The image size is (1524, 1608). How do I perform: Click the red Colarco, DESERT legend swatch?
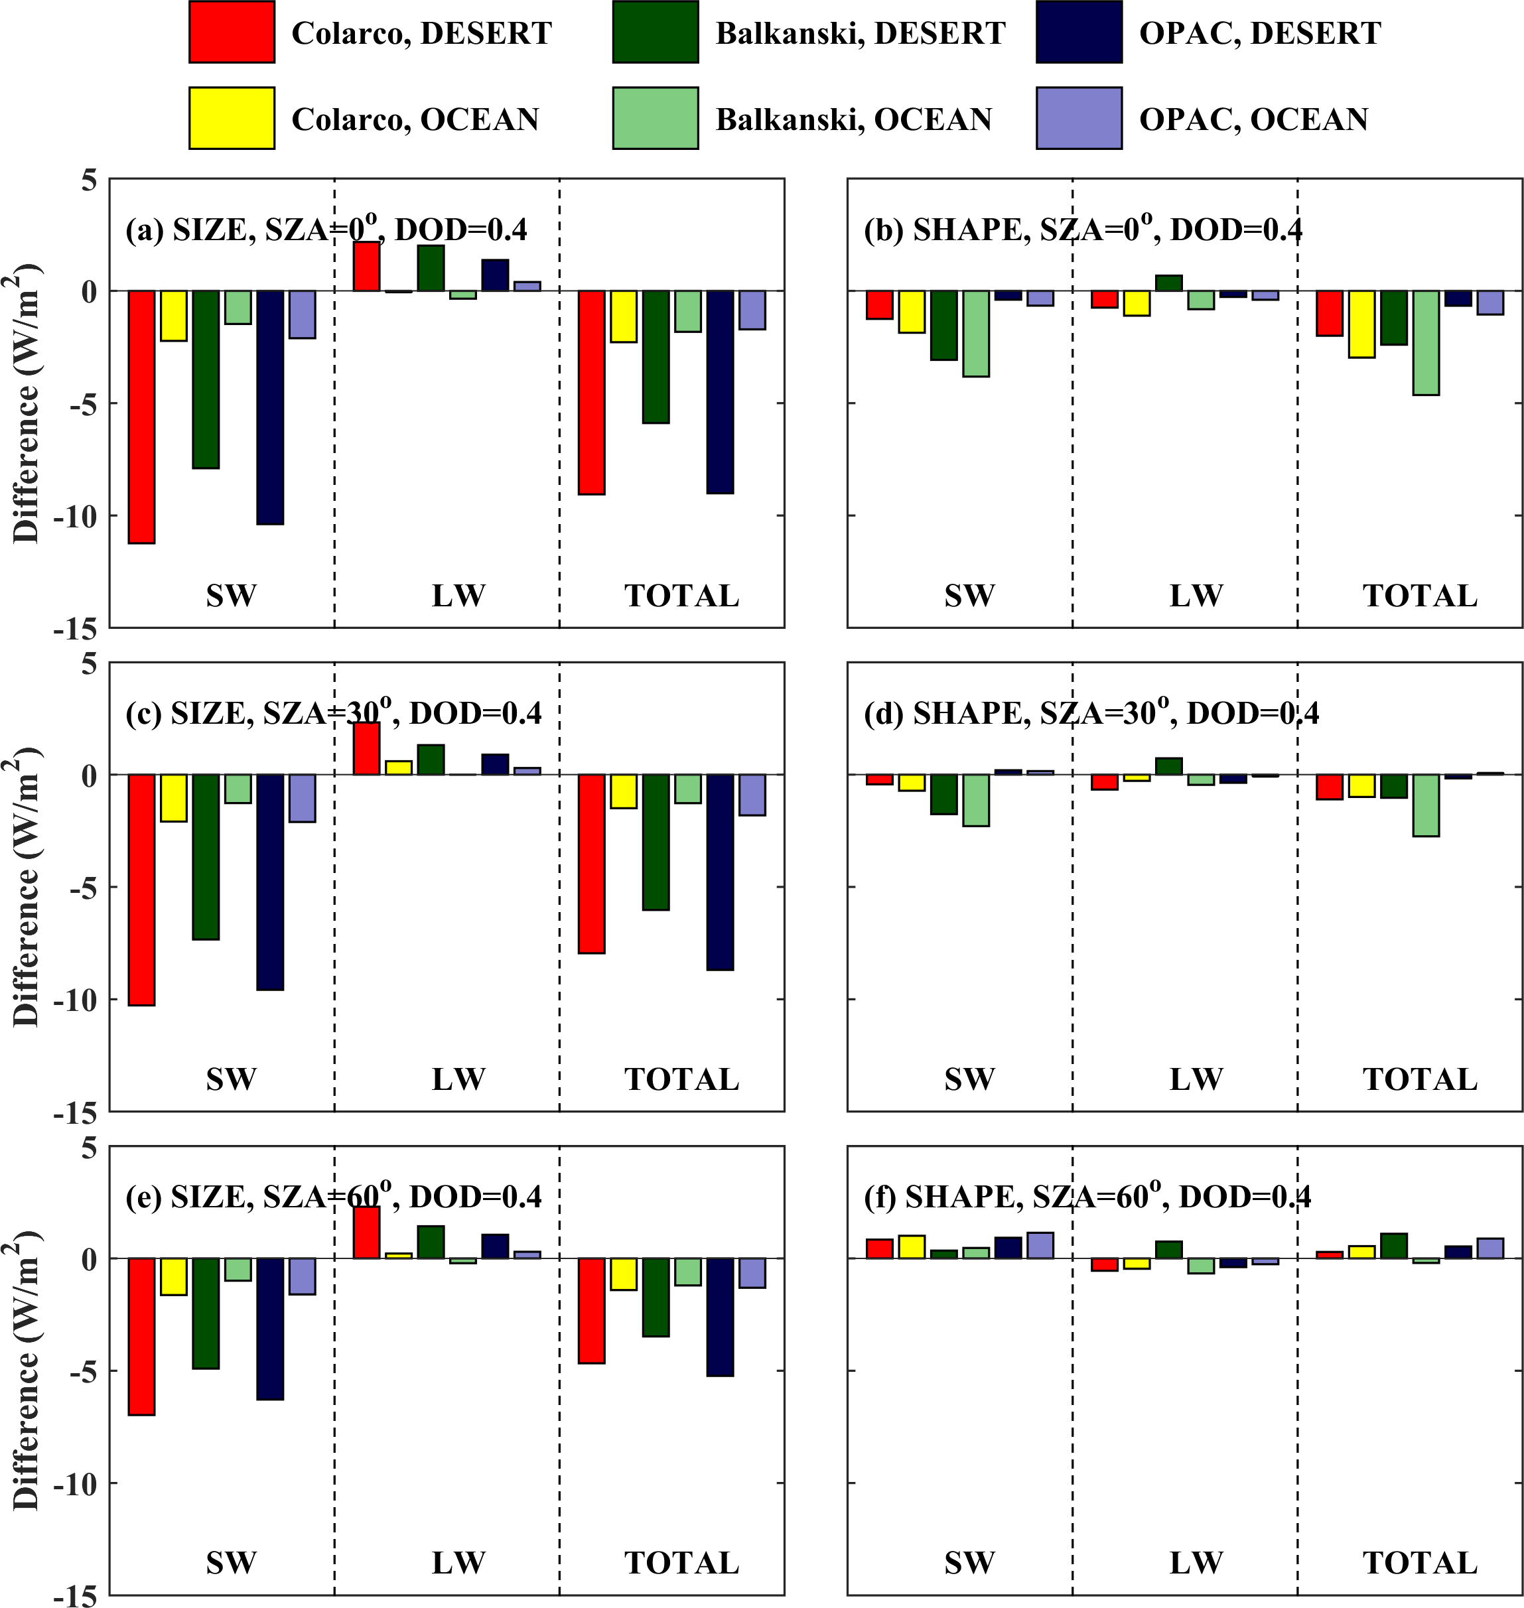(x=232, y=33)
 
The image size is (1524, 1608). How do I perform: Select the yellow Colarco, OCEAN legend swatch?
(x=232, y=119)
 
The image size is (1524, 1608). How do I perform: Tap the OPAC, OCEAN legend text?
(x=1253, y=119)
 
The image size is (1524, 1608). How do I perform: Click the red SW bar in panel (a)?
(x=141, y=417)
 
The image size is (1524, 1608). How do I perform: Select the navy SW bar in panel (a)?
(x=270, y=407)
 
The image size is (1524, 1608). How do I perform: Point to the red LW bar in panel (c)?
(x=366, y=748)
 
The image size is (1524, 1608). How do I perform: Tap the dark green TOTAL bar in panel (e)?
(x=656, y=1297)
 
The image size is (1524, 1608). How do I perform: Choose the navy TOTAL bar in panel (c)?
(x=720, y=872)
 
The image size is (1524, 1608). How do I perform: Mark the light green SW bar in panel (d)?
(x=976, y=800)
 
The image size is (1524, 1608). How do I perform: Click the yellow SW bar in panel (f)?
(x=912, y=1246)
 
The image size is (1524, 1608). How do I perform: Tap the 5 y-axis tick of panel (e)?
(x=88, y=1148)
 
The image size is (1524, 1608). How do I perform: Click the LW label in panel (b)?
(x=1196, y=596)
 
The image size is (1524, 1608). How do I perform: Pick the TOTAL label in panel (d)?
(x=1420, y=1079)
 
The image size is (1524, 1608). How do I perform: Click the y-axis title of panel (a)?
(x=26, y=403)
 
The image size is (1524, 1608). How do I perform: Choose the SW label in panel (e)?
(x=232, y=1562)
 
